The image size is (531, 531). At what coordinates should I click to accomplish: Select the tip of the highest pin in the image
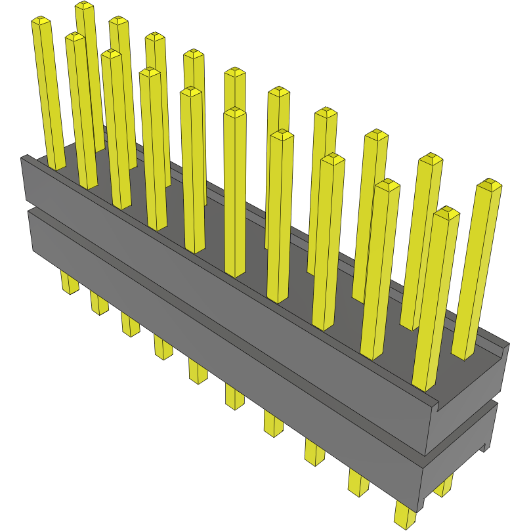pyautogui.click(x=84, y=5)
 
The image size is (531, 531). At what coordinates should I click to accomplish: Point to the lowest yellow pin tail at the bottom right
pyautogui.click(x=406, y=516)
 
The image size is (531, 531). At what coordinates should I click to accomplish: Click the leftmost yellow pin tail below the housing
pyautogui.click(x=69, y=284)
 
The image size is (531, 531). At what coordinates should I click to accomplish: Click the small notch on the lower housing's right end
pyautogui.click(x=486, y=447)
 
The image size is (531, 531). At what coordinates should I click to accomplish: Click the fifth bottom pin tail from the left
pyautogui.click(x=198, y=372)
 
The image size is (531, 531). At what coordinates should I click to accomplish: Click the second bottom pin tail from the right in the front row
pyautogui.click(x=358, y=482)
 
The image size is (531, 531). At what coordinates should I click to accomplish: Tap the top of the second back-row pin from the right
pyautogui.click(x=431, y=159)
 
